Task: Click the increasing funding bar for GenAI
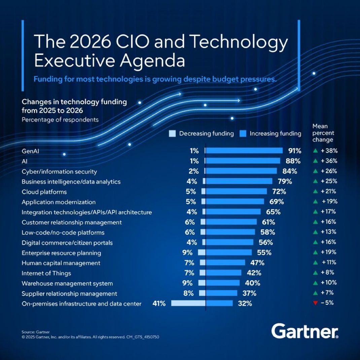(x=244, y=151)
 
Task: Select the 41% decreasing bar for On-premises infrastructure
(x=188, y=303)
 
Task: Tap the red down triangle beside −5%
(x=315, y=303)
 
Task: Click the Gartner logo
(x=305, y=331)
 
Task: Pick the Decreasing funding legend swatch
(x=172, y=134)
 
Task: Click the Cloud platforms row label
(x=44, y=192)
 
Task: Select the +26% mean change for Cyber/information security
(x=329, y=171)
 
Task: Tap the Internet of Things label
(x=46, y=273)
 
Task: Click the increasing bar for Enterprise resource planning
(x=229, y=253)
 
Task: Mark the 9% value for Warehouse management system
(x=187, y=283)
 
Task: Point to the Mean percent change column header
(x=323, y=133)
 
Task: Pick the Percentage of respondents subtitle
(x=60, y=119)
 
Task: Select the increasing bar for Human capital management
(x=225, y=263)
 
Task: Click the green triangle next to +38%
(x=315, y=151)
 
